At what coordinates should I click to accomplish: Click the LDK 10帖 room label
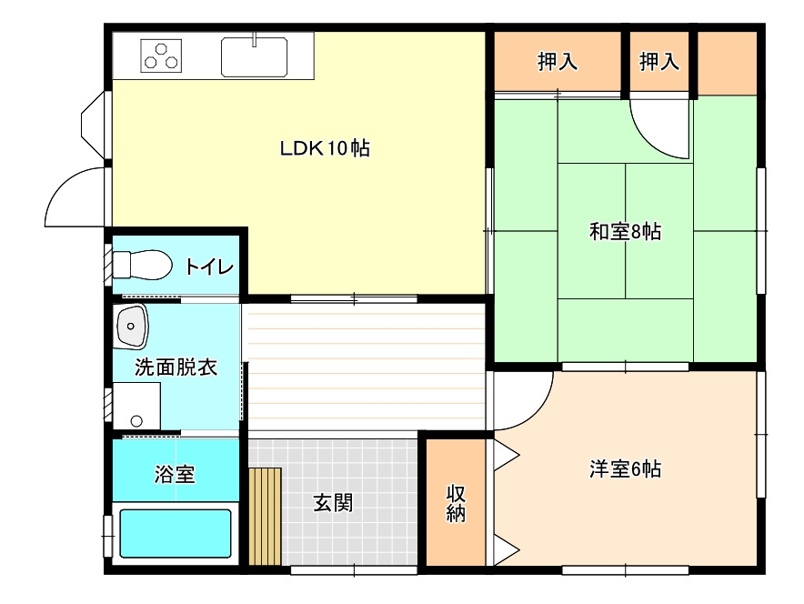tap(325, 148)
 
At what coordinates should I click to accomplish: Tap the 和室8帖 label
tap(625, 232)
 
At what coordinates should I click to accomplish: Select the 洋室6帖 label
tap(625, 469)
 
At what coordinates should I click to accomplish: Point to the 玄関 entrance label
tap(333, 503)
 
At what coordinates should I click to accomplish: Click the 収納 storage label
tap(456, 504)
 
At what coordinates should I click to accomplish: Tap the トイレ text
tap(209, 267)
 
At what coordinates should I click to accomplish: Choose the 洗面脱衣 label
tap(176, 367)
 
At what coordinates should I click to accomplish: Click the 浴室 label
tap(175, 474)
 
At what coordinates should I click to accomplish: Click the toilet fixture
tap(142, 265)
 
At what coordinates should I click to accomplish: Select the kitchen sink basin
tap(254, 57)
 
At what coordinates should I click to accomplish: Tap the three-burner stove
tap(161, 55)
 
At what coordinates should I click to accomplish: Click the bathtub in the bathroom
tap(176, 533)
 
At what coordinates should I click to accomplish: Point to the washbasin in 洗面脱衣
tap(131, 327)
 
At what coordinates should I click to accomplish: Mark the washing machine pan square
tap(136, 406)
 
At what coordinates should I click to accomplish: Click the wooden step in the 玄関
tap(265, 517)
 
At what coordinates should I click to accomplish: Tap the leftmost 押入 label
tap(558, 62)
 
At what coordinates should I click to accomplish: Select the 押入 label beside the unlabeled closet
tap(658, 62)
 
